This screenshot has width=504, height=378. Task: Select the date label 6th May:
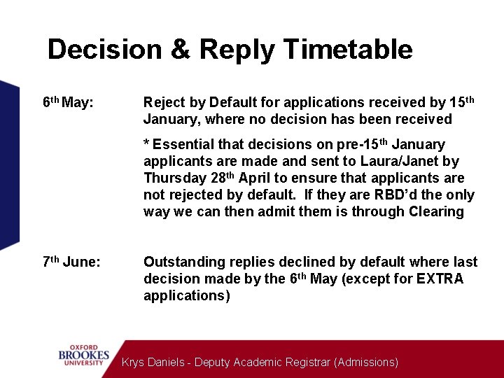(68, 103)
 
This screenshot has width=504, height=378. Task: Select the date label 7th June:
(71, 262)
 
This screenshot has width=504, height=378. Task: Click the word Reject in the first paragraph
(163, 103)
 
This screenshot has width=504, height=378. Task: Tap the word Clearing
(435, 212)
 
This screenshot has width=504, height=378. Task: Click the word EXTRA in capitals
(440, 279)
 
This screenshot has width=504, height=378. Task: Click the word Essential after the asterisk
(183, 145)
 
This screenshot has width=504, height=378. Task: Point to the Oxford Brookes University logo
(83, 356)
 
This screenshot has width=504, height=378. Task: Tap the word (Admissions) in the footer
(366, 363)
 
